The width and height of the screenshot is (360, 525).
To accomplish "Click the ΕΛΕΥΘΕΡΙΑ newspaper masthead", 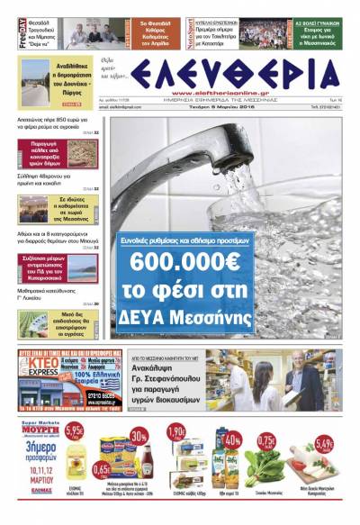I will tap(237, 75).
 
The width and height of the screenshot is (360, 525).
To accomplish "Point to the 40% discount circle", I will tap(232, 440).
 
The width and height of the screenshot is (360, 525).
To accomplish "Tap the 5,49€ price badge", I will tap(325, 445).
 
